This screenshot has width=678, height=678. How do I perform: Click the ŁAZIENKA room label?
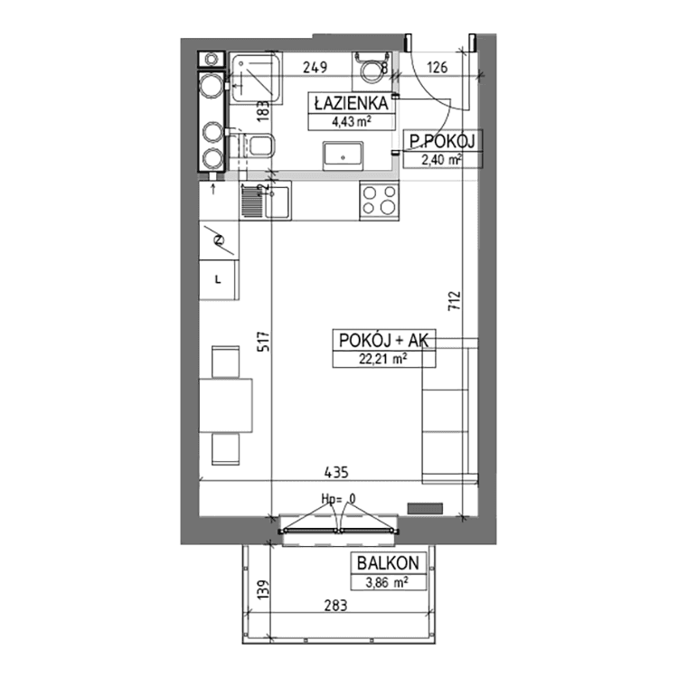pyautogui.click(x=351, y=103)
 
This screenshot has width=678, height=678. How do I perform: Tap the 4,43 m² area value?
pyautogui.click(x=351, y=121)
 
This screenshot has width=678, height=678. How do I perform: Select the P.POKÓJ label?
pyautogui.click(x=442, y=141)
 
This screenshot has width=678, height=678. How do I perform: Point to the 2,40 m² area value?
pyautogui.click(x=441, y=159)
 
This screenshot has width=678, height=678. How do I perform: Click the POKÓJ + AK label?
pyautogui.click(x=383, y=340)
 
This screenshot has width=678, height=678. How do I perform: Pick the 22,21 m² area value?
pyautogui.click(x=383, y=359)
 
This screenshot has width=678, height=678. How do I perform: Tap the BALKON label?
pyautogui.click(x=388, y=563)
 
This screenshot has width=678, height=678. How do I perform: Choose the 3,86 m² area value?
pyautogui.click(x=387, y=582)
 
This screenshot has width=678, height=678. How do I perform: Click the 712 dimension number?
pyautogui.click(x=455, y=301)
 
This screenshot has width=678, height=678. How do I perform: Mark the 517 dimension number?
pyautogui.click(x=263, y=342)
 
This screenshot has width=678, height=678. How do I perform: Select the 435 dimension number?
pyautogui.click(x=336, y=472)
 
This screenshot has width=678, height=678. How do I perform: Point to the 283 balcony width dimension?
pyautogui.click(x=336, y=606)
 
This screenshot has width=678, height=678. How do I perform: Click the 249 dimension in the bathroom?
pyautogui.click(x=315, y=68)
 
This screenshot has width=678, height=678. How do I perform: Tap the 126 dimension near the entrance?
pyautogui.click(x=438, y=68)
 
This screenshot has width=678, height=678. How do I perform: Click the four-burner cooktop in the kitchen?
pyautogui.click(x=379, y=201)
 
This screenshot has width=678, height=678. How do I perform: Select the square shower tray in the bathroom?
pyautogui.click(x=256, y=79)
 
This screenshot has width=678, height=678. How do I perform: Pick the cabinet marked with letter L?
pyautogui.click(x=219, y=279)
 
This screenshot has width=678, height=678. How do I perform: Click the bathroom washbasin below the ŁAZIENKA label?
pyautogui.click(x=343, y=155)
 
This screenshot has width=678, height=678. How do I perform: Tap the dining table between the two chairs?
pyautogui.click(x=226, y=406)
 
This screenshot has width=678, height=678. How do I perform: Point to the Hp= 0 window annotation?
pyautogui.click(x=339, y=499)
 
